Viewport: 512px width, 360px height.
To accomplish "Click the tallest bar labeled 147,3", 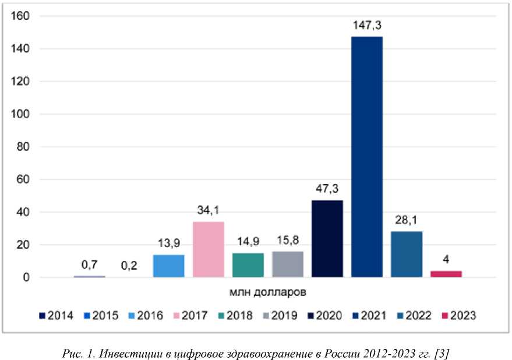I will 367,157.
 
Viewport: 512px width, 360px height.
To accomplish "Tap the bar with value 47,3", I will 327,238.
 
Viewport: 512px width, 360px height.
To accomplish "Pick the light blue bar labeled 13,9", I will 169,266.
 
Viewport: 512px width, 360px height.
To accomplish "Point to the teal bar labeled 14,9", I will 248,265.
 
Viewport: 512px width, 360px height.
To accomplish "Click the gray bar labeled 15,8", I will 288,264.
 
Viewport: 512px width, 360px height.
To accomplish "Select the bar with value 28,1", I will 407,254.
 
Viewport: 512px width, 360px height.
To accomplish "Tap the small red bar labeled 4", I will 446,274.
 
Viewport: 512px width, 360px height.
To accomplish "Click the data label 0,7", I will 89,265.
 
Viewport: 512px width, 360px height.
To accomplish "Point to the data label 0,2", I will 129,266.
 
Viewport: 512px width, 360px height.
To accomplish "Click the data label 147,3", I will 367,25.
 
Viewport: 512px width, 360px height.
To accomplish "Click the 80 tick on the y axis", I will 23,147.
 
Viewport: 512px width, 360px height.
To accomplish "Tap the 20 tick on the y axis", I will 23,245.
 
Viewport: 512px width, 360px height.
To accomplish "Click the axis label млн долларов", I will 268,288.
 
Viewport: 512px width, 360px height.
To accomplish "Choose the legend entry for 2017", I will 190,316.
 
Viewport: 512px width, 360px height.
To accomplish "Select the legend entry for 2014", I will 56,316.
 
